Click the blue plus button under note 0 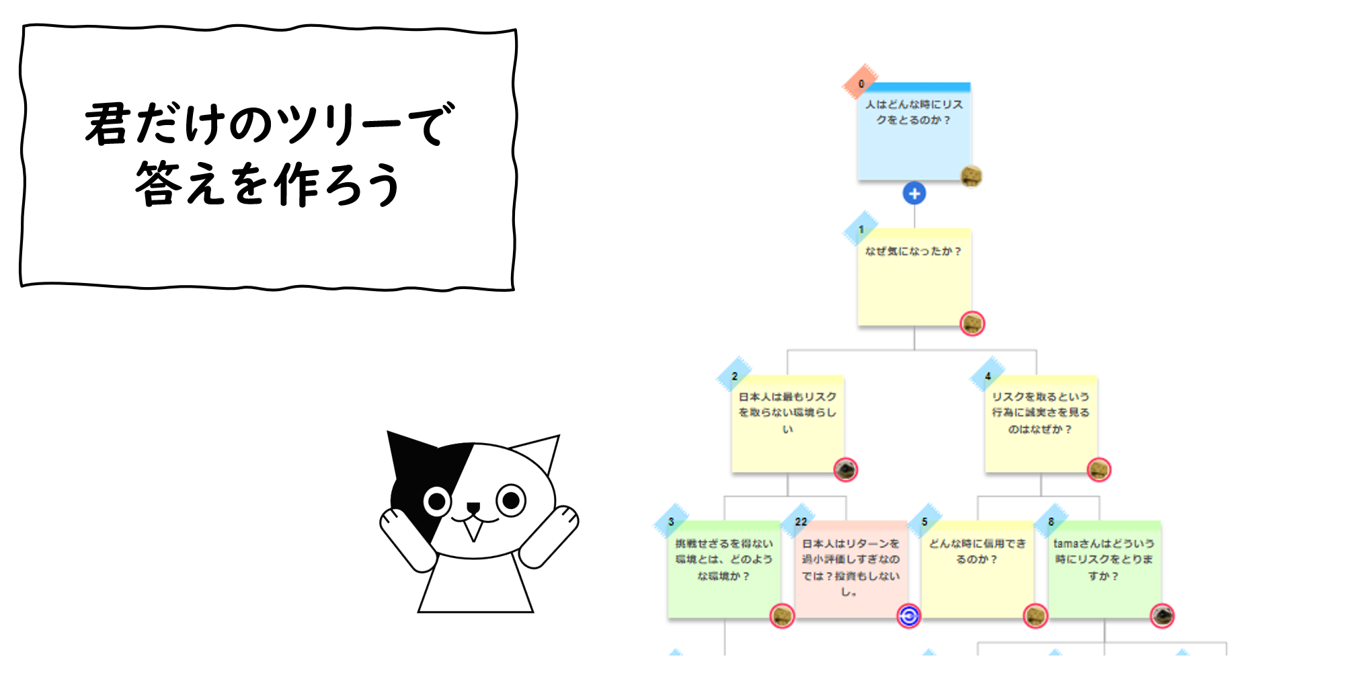(914, 194)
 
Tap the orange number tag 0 (861, 83)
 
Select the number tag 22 (800, 522)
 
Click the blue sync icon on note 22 (908, 616)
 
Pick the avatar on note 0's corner (971, 176)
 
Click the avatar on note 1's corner (972, 324)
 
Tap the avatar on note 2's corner (846, 469)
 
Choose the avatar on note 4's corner (1099, 469)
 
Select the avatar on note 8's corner (1162, 616)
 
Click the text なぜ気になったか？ (914, 251)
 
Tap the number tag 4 (988, 376)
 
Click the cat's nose (473, 507)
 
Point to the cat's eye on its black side (437, 502)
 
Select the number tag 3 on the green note (671, 522)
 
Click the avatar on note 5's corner (1035, 616)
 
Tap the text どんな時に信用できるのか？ (977, 551)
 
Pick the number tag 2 (734, 376)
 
